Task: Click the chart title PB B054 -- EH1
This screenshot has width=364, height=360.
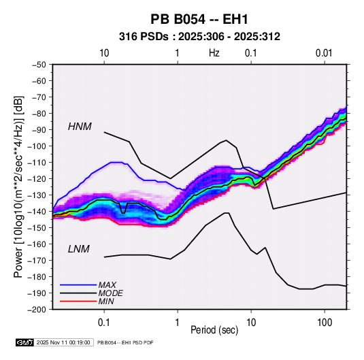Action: coord(199,19)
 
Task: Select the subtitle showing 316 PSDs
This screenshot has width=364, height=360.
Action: coord(199,37)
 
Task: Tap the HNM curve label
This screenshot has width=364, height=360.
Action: coord(80,127)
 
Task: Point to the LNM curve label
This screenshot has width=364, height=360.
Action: coord(79,249)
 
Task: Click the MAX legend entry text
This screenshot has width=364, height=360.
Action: coord(107,284)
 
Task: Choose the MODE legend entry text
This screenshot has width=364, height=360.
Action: coord(110,293)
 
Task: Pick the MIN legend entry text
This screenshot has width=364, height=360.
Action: coord(106,301)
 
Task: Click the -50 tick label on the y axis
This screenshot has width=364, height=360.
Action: coord(39,65)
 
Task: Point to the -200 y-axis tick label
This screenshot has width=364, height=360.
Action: coord(37,310)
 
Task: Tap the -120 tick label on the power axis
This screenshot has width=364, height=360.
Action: coord(37,179)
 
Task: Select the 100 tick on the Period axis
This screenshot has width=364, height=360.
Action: coord(325,323)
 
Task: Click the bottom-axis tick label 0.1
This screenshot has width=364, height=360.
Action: coord(104,323)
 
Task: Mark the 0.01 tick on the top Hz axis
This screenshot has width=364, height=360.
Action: coord(324,53)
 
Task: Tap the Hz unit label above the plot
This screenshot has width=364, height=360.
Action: coord(214,53)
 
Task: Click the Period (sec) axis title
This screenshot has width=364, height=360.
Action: coord(214,330)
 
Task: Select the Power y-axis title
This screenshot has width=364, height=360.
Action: coord(18,187)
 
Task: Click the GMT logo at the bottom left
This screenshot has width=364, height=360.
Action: coord(25,342)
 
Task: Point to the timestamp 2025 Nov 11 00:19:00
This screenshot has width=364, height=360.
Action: coord(63,342)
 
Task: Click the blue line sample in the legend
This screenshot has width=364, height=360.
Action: coord(78,285)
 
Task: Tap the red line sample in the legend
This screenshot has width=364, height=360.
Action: coord(78,301)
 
